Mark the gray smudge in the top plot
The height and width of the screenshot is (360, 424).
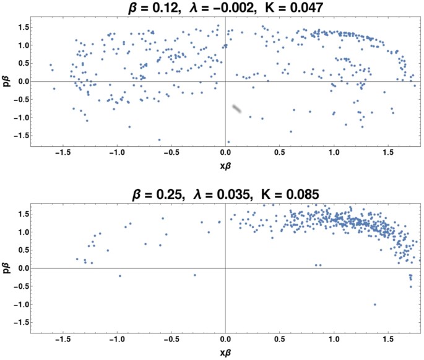pos(237,110)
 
